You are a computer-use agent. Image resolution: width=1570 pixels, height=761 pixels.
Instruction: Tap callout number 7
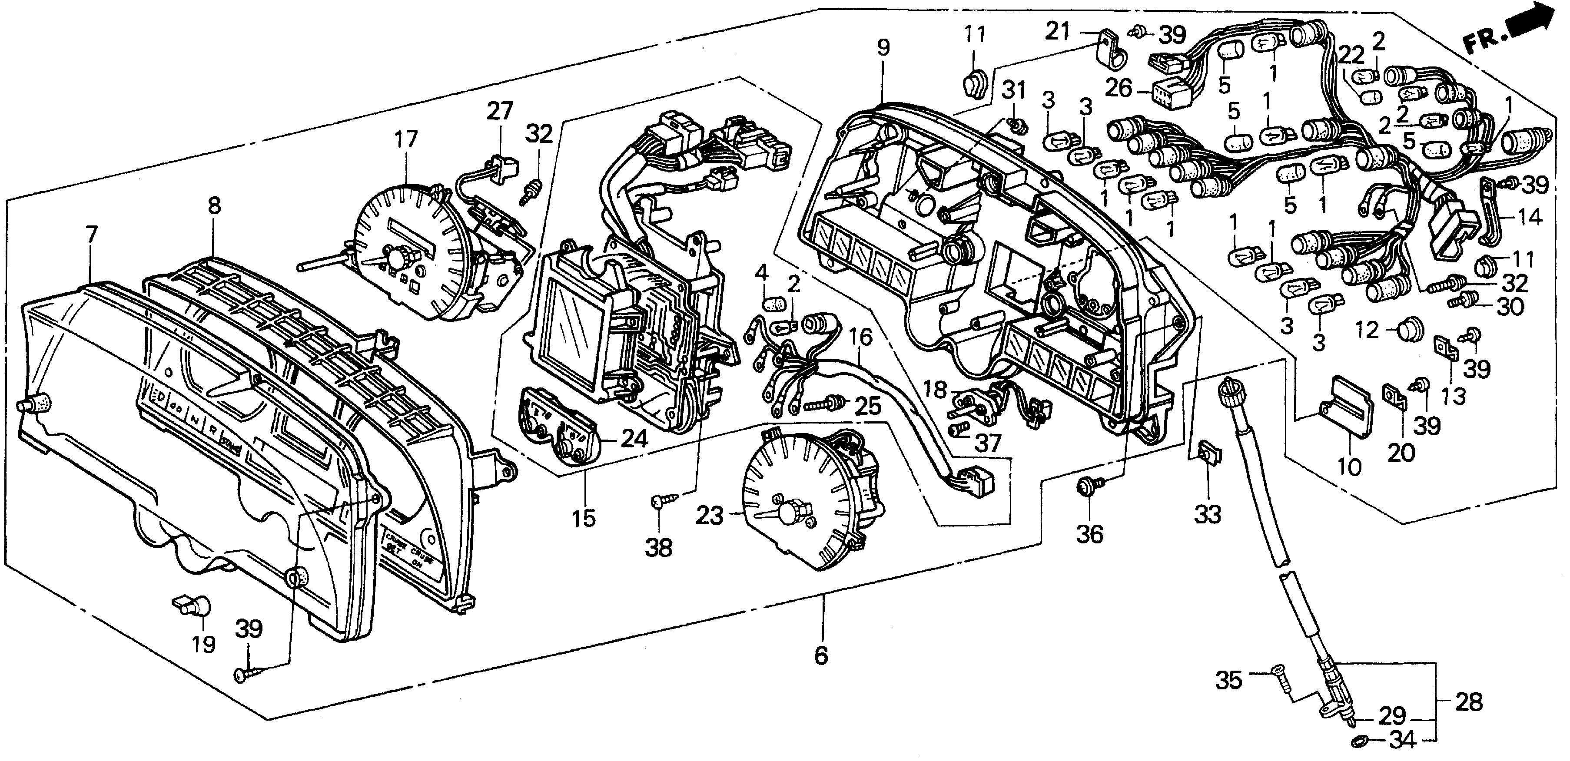(x=91, y=235)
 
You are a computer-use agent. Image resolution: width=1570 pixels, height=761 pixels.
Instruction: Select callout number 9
(x=883, y=47)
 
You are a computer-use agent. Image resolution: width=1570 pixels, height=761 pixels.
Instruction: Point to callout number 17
(x=406, y=139)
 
